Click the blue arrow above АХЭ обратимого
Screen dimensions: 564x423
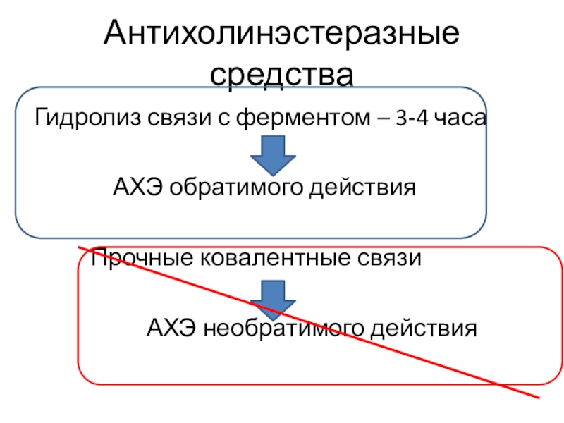coord(274,155)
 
